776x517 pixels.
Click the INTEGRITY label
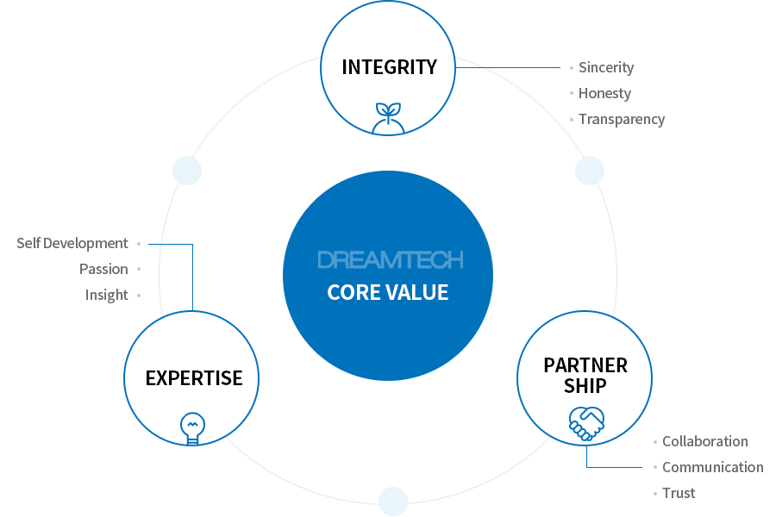coord(389,66)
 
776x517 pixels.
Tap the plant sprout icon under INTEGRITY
coord(388,119)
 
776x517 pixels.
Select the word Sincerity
coord(606,67)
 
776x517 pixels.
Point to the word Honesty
coord(604,93)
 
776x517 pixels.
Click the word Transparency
coord(622,119)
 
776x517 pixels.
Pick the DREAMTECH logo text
coord(390,259)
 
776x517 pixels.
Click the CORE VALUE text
coord(388,292)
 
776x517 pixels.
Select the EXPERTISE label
coord(194,377)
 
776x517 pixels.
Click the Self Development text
coord(72,244)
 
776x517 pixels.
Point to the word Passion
coord(103,269)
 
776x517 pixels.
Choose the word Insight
coord(106,295)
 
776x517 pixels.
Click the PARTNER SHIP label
coord(585,375)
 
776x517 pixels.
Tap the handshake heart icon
coord(586,422)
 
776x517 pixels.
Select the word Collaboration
coord(705,441)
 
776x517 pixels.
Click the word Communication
coord(712,467)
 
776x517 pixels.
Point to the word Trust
coord(679,493)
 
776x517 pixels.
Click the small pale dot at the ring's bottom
coord(392,500)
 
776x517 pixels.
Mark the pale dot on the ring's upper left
coord(187,170)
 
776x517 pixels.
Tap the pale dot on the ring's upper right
coord(590,170)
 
